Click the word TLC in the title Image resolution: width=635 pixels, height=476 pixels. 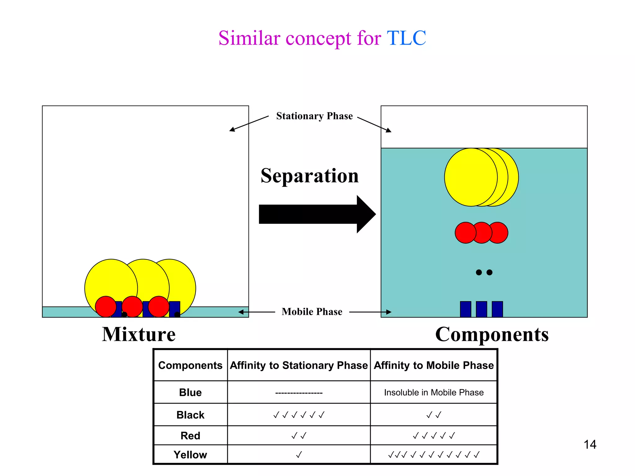[x=406, y=38]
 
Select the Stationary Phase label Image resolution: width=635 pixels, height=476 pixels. [x=314, y=116]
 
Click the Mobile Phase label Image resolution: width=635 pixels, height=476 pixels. [x=312, y=311]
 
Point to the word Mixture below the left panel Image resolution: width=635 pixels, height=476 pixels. [x=139, y=334]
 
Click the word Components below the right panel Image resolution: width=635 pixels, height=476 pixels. [x=492, y=334]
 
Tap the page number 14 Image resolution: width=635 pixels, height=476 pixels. [x=590, y=444]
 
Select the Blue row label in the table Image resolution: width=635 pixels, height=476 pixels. [x=190, y=392]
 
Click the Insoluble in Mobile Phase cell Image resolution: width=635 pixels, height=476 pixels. [x=433, y=392]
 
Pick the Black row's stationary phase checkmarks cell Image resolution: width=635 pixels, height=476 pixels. [x=299, y=415]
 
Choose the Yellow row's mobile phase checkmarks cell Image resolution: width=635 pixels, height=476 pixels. [x=433, y=455]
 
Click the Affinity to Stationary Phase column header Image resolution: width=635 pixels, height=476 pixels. [x=299, y=365]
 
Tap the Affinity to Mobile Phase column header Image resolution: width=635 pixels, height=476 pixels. [x=433, y=365]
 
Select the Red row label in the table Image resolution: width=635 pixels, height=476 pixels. [x=190, y=435]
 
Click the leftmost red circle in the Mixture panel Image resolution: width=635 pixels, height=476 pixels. [x=105, y=306]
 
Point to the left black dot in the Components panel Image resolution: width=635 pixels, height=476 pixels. [x=479, y=272]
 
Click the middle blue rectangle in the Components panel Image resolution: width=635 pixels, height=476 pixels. [x=481, y=309]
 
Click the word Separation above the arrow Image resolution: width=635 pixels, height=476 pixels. [x=309, y=176]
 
